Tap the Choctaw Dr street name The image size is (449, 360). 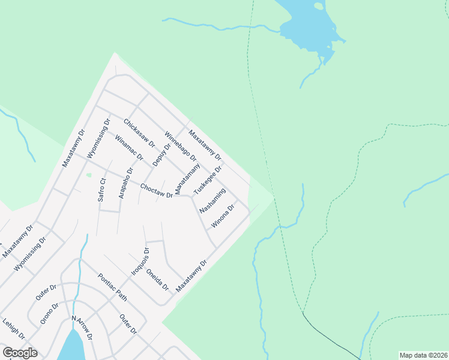156,191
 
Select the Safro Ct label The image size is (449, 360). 103,189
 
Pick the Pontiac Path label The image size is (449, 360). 113,287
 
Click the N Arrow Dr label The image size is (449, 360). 81,328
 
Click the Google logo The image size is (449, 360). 20,353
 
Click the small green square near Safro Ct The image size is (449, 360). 88,175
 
